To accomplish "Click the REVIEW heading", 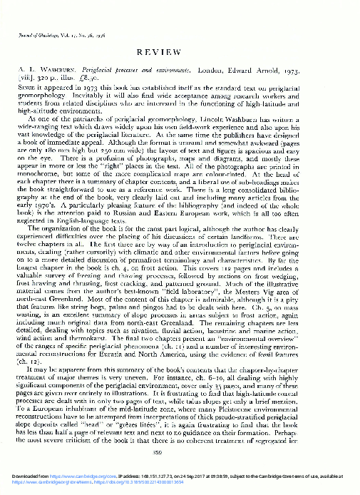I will pos(180,53).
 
